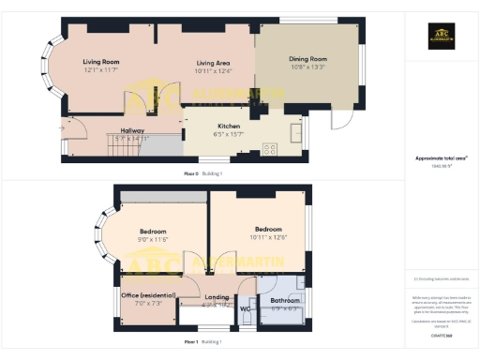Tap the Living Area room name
(214, 61)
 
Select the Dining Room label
(307, 58)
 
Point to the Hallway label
(131, 130)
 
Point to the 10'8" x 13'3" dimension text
(307, 67)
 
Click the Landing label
(217, 297)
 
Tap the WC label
(246, 307)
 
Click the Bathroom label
(285, 300)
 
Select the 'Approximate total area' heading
(440, 158)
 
